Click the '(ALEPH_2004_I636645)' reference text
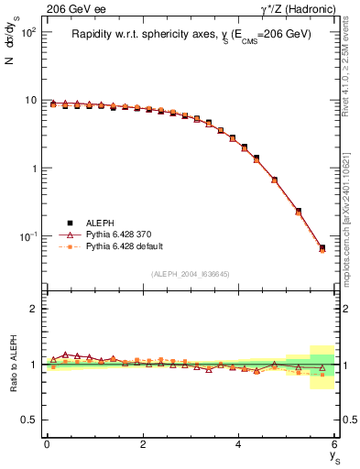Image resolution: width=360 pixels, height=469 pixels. coord(191,274)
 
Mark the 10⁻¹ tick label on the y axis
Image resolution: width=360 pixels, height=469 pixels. coord(30,237)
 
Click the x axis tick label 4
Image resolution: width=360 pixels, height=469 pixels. coord(239,444)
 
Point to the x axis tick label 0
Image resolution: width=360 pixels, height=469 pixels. coord(47,444)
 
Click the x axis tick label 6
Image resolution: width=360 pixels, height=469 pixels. coord(335,444)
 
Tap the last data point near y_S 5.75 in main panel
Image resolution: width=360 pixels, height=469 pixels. coord(322,247)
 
